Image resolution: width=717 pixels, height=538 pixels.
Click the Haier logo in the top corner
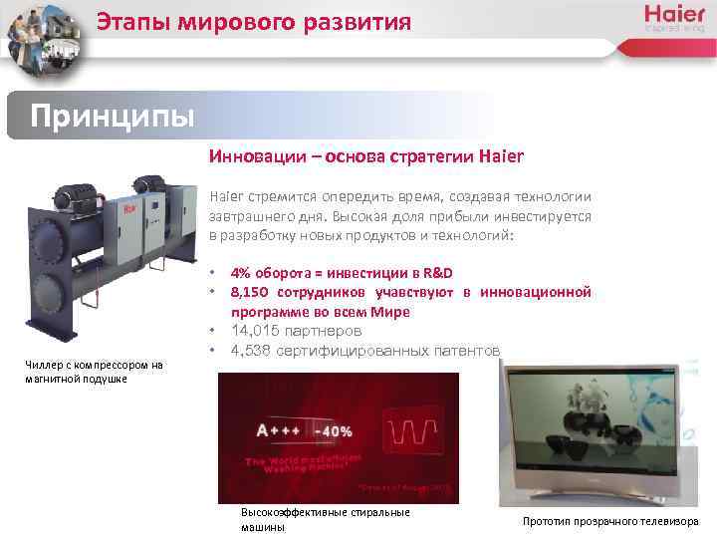pyautogui.click(x=674, y=17)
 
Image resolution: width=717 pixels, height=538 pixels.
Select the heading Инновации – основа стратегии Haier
pyautogui.click(x=365, y=156)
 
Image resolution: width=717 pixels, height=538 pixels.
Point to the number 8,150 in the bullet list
pyautogui.click(x=252, y=292)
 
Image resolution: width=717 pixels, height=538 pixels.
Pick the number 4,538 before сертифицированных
pyautogui.click(x=254, y=349)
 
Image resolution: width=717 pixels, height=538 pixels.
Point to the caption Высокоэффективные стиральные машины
pyautogui.click(x=325, y=519)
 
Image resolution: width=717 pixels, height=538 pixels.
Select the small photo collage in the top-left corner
pyautogui.click(x=44, y=37)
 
